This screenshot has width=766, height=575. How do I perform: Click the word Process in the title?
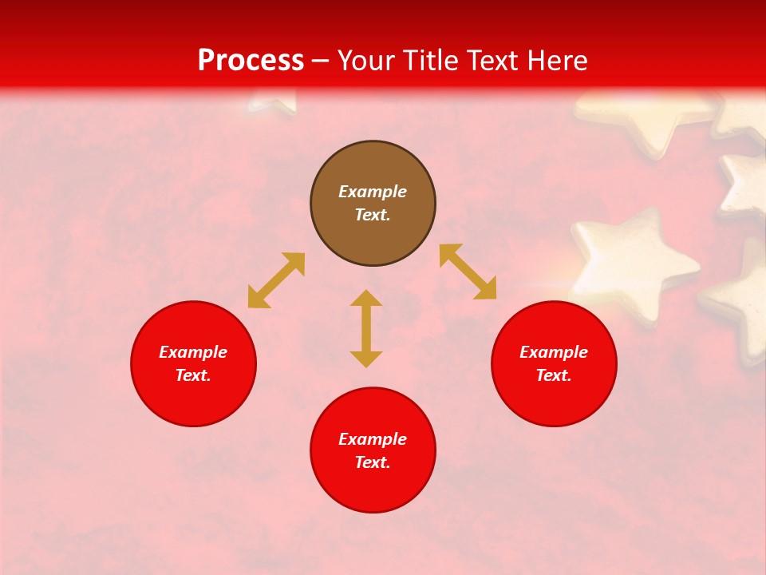coord(251,60)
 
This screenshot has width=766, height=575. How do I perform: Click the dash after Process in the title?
coord(321,61)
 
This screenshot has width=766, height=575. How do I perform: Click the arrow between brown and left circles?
coord(276,280)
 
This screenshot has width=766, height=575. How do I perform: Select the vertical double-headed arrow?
coord(366,328)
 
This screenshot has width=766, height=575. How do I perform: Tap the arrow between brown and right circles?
coord(468,272)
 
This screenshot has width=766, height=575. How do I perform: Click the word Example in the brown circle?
coord(373,192)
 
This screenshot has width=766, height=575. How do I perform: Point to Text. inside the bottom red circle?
coord(373,462)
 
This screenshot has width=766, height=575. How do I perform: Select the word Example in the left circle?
coord(193,352)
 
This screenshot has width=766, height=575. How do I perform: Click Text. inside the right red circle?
coord(554,375)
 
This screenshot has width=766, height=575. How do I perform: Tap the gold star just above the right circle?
coord(630,260)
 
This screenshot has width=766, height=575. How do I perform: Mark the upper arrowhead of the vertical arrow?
coord(366,298)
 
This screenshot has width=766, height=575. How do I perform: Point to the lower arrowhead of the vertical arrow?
coord(366,359)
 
